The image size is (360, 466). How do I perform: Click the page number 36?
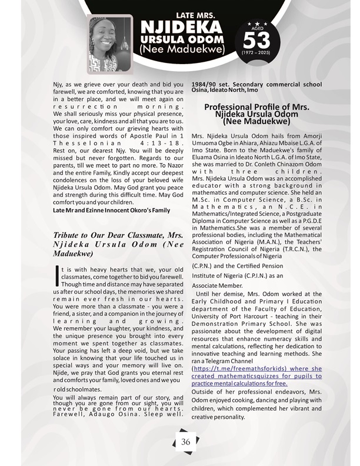point(185,442)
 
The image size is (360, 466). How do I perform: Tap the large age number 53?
point(255,40)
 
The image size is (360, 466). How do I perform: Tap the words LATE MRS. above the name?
point(180,14)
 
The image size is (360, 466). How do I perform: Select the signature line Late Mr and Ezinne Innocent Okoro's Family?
point(111,209)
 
